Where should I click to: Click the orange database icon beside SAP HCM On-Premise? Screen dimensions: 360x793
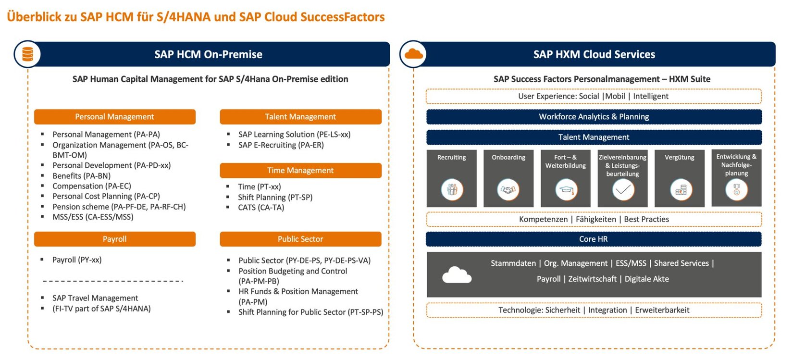coord(28,54)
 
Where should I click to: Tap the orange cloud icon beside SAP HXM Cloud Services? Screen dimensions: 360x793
coord(413,54)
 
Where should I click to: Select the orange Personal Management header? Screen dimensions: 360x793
coord(114,117)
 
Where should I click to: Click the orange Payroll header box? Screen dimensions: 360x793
coord(114,239)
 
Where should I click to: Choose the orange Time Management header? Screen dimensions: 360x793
coord(300,170)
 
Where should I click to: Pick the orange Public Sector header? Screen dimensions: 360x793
coord(300,239)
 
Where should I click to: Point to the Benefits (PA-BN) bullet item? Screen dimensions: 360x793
coord(81,176)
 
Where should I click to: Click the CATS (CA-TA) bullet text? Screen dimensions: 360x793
coord(261,208)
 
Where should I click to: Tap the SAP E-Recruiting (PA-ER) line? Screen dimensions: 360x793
coord(281,145)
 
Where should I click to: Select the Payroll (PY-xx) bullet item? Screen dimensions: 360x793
coord(77,260)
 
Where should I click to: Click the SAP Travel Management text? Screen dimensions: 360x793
coord(95,298)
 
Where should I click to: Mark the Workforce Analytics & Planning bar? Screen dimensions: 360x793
coord(594,117)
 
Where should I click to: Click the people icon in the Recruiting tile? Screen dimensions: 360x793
coord(452,189)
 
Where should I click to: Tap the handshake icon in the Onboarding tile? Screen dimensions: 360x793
coord(508,189)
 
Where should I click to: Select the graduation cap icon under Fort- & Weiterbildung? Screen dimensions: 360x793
coord(566,189)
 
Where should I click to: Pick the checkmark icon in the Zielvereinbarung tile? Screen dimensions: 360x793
coord(623,189)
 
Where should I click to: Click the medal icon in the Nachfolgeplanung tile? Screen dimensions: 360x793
coord(736,189)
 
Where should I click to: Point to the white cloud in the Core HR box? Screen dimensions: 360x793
coord(457,275)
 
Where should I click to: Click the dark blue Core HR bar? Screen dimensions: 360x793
coord(594,239)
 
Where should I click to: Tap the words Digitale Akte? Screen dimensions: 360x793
coord(646,279)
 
